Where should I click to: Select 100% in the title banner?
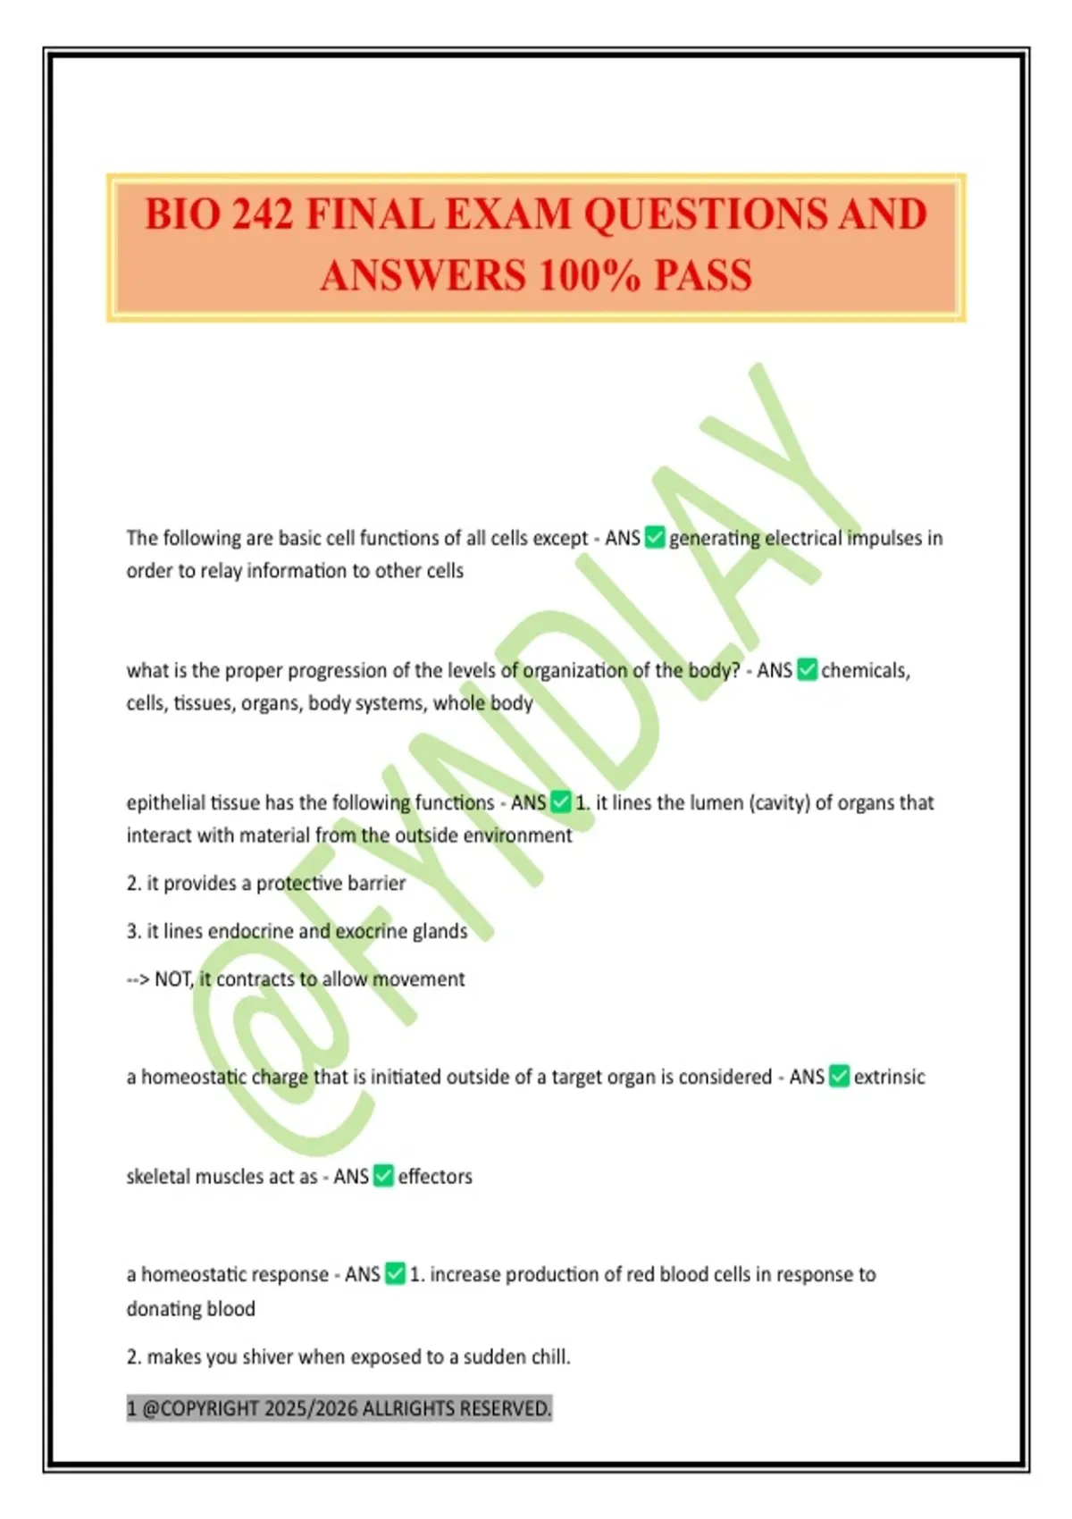click(589, 275)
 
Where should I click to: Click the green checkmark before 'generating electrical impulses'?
click(655, 538)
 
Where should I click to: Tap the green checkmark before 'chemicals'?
click(807, 670)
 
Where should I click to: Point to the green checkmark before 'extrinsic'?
click(839, 1077)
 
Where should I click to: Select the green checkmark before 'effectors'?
click(383, 1176)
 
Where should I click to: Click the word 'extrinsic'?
click(889, 1077)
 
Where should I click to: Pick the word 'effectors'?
click(435, 1176)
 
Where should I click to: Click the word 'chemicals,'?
click(866, 670)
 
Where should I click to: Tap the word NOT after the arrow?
click(174, 979)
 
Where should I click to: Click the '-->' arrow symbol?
click(138, 979)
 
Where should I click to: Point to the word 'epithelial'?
click(166, 802)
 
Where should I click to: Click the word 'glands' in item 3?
click(439, 931)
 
